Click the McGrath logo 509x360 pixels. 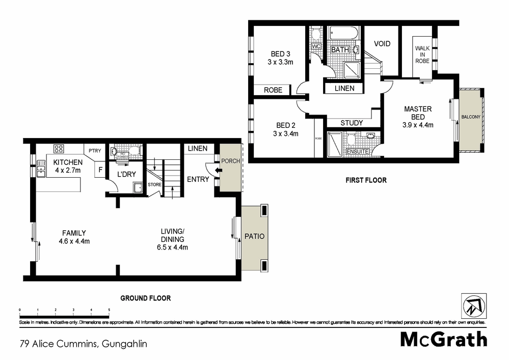pyautogui.click(x=443, y=339)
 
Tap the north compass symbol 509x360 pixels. pyautogui.click(x=473, y=307)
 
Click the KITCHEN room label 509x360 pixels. pyautogui.click(x=67, y=162)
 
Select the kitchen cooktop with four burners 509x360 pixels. pyautogui.click(x=59, y=149)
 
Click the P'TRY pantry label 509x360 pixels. pyautogui.click(x=95, y=151)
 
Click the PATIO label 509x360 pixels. pyautogui.click(x=253, y=237)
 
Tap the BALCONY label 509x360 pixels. pyautogui.click(x=471, y=117)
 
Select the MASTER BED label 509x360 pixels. pyautogui.click(x=418, y=113)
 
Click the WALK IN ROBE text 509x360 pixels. pyautogui.click(x=422, y=54)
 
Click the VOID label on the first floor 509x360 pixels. pyautogui.click(x=382, y=44)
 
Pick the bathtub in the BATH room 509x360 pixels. pyautogui.click(x=344, y=34)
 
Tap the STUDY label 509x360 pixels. pyautogui.click(x=352, y=123)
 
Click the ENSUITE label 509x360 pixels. pyautogui.click(x=357, y=151)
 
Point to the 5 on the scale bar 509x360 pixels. pyautogui.click(x=109, y=310)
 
